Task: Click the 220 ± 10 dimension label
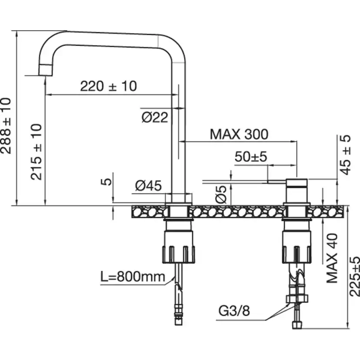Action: pos(108,86)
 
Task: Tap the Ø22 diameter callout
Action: pos(154,117)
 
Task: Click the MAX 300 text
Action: pos(239,134)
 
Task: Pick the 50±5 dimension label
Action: pos(250,157)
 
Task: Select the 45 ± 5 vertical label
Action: pos(345,154)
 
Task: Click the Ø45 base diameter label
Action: pos(148,186)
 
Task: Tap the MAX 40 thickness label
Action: pos(332,258)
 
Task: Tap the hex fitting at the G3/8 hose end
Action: pos(297,299)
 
